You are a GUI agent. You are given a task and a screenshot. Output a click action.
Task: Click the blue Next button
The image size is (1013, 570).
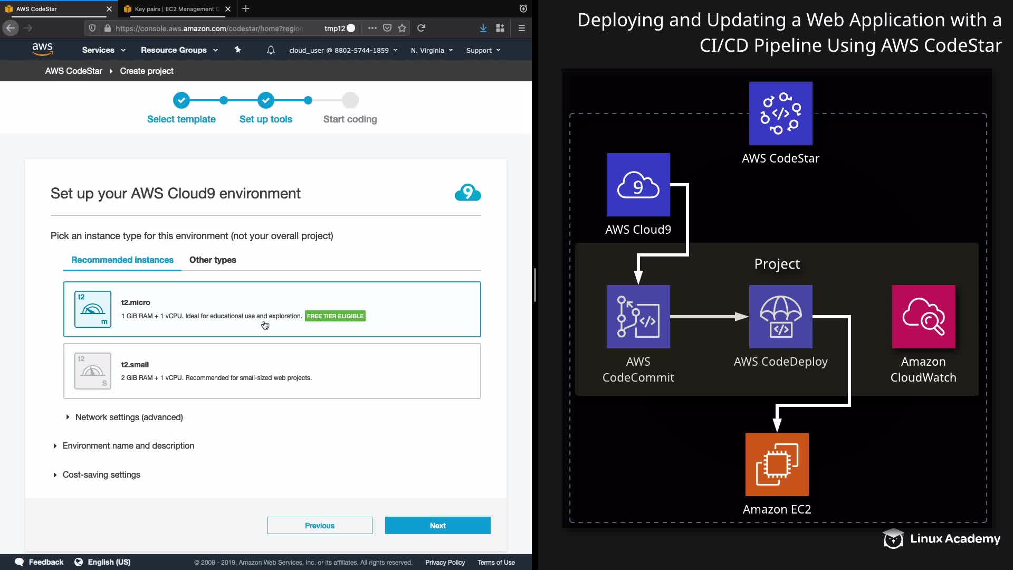(x=437, y=525)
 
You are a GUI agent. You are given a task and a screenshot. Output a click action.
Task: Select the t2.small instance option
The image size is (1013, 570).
(x=272, y=370)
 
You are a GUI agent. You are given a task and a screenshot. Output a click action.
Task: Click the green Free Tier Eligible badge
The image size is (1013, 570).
(x=335, y=316)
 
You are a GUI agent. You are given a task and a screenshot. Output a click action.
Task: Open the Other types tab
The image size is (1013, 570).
(x=213, y=260)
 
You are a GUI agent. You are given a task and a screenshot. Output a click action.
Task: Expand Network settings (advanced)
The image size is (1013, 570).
(x=128, y=417)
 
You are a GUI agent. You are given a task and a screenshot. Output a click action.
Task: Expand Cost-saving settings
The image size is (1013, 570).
(x=101, y=474)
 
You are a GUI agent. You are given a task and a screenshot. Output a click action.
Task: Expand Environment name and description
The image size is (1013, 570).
(x=128, y=445)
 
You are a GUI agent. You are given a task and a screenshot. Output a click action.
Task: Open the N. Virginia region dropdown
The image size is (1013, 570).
(x=432, y=50)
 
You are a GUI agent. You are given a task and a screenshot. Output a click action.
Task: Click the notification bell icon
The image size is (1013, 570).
(x=271, y=50)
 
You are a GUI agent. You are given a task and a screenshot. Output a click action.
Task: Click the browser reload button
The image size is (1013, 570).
(x=421, y=28)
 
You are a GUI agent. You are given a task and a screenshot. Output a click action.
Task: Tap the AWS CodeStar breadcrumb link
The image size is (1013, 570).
(x=73, y=71)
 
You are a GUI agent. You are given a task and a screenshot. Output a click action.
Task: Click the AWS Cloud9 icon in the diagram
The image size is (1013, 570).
(x=638, y=185)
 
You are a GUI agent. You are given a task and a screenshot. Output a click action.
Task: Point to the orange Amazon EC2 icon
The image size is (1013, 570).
(x=777, y=464)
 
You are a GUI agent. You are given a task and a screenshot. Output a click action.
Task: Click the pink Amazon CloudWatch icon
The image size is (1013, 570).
(x=923, y=317)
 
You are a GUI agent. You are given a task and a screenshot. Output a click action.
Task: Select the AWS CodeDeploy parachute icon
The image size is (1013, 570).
(x=780, y=317)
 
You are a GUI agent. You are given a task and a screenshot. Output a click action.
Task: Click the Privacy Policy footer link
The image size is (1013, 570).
(x=445, y=562)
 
